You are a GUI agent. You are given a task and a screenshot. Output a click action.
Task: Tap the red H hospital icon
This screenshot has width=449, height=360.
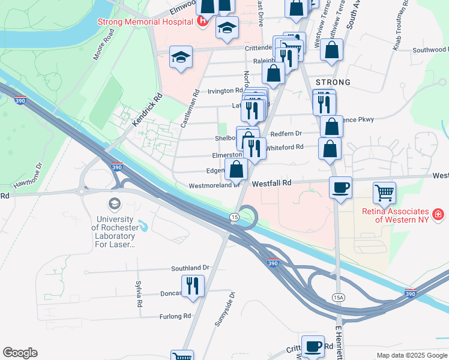tap(203, 22)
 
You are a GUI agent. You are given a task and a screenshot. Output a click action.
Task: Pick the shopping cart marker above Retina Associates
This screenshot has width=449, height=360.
tap(384, 193)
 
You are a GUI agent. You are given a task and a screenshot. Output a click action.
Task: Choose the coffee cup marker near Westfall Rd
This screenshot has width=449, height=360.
tap(341, 188)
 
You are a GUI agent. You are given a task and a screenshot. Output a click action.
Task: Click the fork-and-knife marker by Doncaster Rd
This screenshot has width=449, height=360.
tap(193, 285)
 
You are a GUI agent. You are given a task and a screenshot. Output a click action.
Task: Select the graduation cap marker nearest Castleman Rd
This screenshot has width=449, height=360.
tap(181, 57)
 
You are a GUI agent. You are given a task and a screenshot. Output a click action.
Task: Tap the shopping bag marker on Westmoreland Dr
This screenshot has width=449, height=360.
tap(236, 169)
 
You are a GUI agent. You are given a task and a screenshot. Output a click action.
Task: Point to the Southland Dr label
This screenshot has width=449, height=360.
tap(190, 268)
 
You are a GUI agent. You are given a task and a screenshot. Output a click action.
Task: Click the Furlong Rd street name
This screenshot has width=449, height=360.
tap(175, 316)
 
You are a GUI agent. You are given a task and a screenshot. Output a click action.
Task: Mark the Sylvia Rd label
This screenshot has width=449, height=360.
tap(139, 293)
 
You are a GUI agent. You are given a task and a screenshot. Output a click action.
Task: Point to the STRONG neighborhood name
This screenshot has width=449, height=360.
tap(332, 82)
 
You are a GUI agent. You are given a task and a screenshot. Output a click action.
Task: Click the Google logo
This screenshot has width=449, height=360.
tap(20, 353)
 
